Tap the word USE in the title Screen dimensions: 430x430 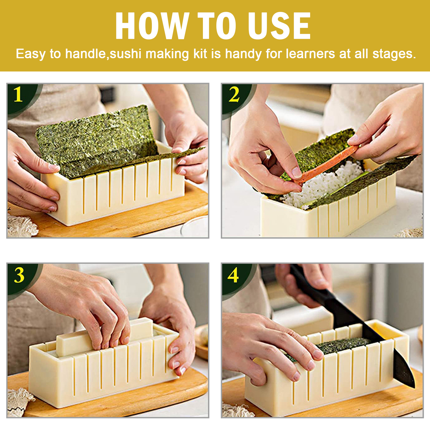point(279,26)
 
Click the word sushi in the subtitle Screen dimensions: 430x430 point(126,54)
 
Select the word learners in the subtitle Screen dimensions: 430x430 point(310,54)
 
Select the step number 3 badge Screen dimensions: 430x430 point(19,275)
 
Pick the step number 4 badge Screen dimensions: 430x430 point(233,275)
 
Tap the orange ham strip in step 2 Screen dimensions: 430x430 point(327,164)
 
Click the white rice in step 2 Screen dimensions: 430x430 point(325,185)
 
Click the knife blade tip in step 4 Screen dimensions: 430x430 point(414,387)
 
